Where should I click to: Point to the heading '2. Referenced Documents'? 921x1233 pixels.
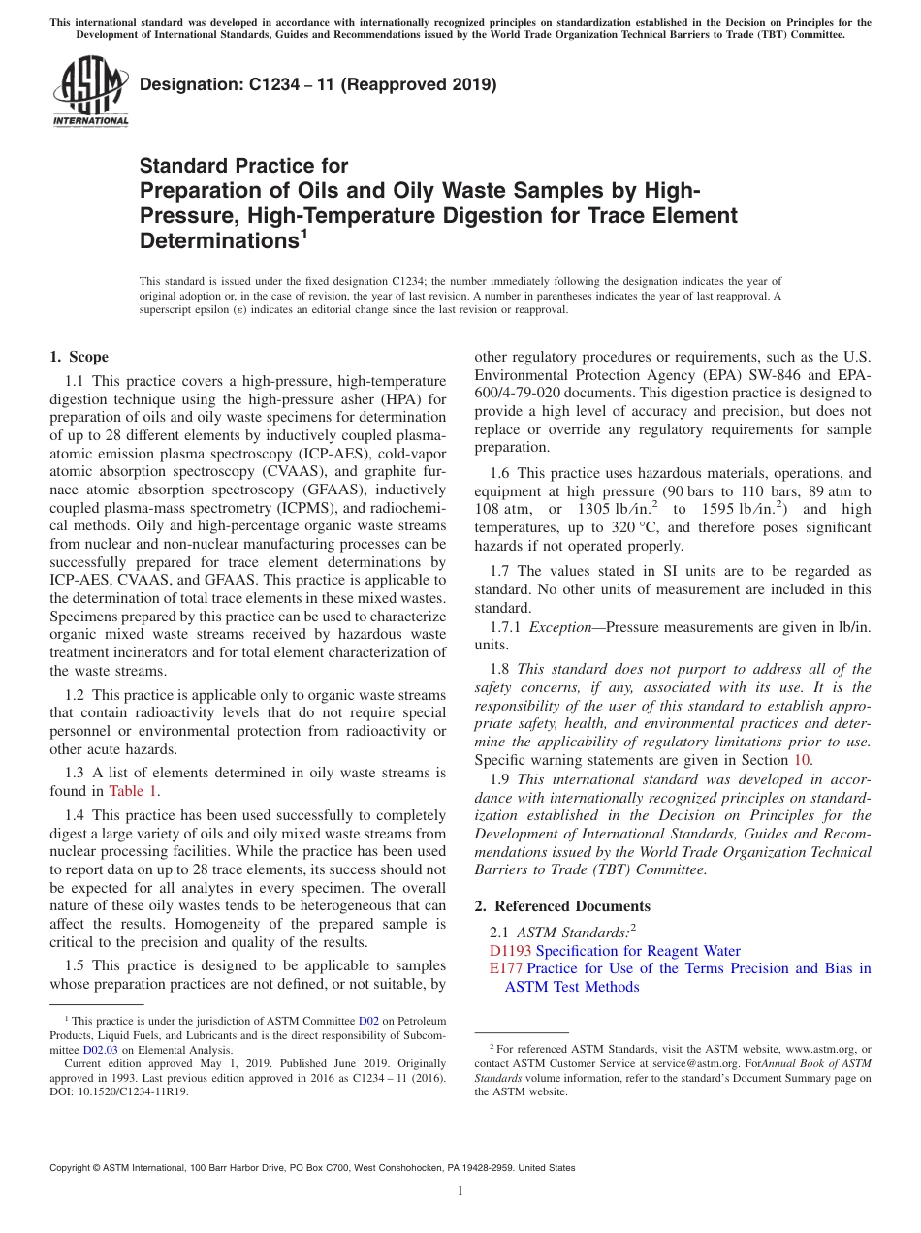562,905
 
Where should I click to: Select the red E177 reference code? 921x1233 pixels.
506,968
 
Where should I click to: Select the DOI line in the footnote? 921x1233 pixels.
119,1091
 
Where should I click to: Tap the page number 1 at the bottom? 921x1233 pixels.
460,1191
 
